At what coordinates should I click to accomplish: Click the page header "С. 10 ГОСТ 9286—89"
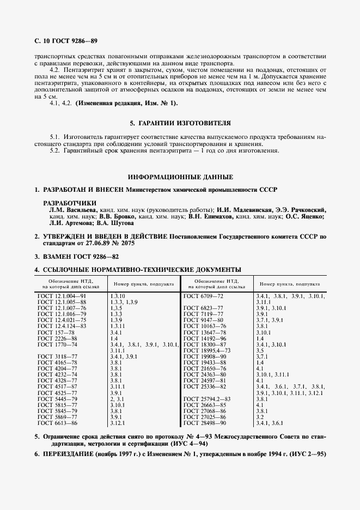66,40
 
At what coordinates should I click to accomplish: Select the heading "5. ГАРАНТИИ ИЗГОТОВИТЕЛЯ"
180,124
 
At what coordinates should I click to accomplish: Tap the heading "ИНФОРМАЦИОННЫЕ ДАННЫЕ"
180,177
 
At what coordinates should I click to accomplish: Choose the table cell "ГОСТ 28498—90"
205,423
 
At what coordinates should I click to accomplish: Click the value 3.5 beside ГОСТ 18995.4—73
259,350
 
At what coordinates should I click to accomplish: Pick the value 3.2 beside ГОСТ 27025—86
259,417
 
